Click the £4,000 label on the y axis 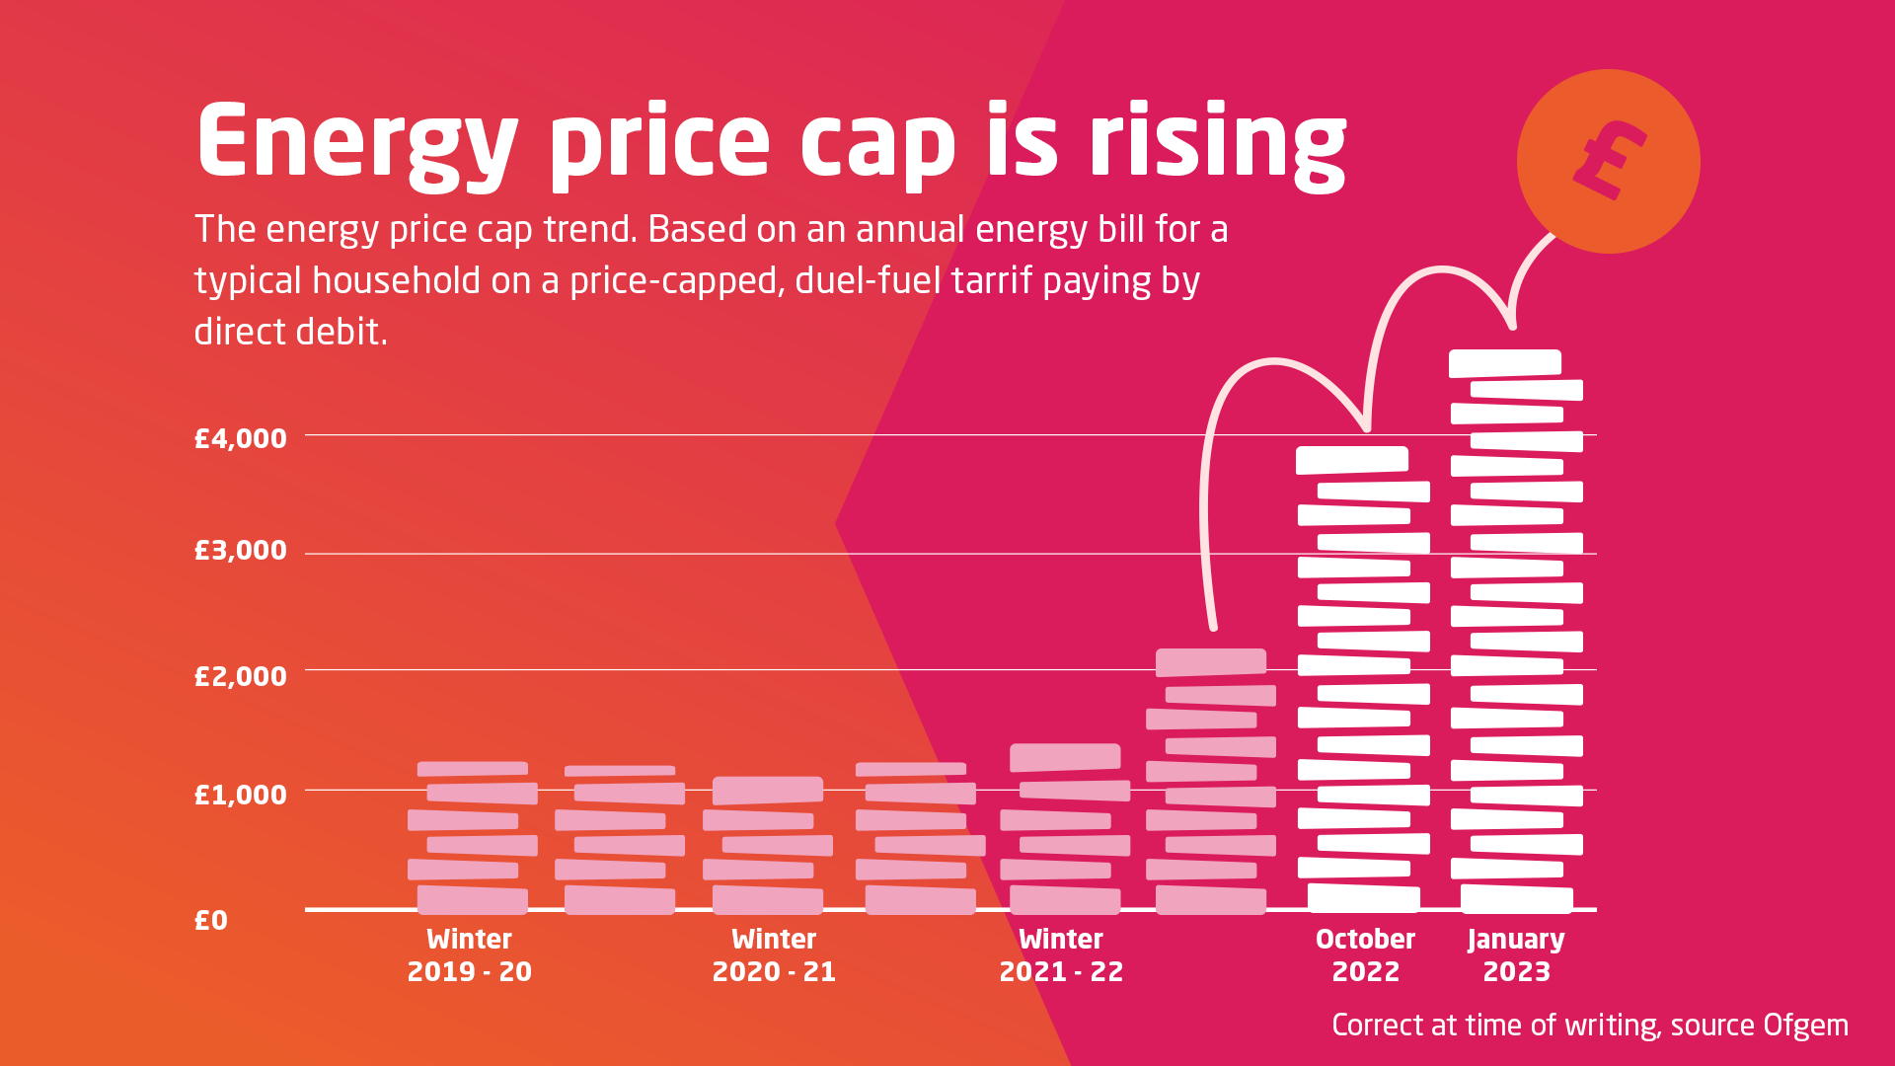(x=240, y=438)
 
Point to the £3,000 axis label (x=240, y=550)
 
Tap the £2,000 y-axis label (x=240, y=676)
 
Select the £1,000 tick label (x=240, y=795)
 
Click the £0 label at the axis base (x=210, y=920)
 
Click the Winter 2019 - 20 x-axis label (x=469, y=954)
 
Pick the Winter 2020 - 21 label (x=774, y=954)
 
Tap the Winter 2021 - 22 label (x=1061, y=954)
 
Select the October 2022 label (x=1365, y=954)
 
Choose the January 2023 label (x=1516, y=954)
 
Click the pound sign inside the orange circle (x=1609, y=160)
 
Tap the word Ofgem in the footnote (x=1805, y=1025)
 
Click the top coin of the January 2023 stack (x=1504, y=363)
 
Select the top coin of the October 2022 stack (x=1351, y=460)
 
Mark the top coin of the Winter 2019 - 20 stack (x=472, y=769)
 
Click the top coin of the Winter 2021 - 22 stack (x=1065, y=757)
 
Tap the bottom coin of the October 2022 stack (x=1363, y=897)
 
